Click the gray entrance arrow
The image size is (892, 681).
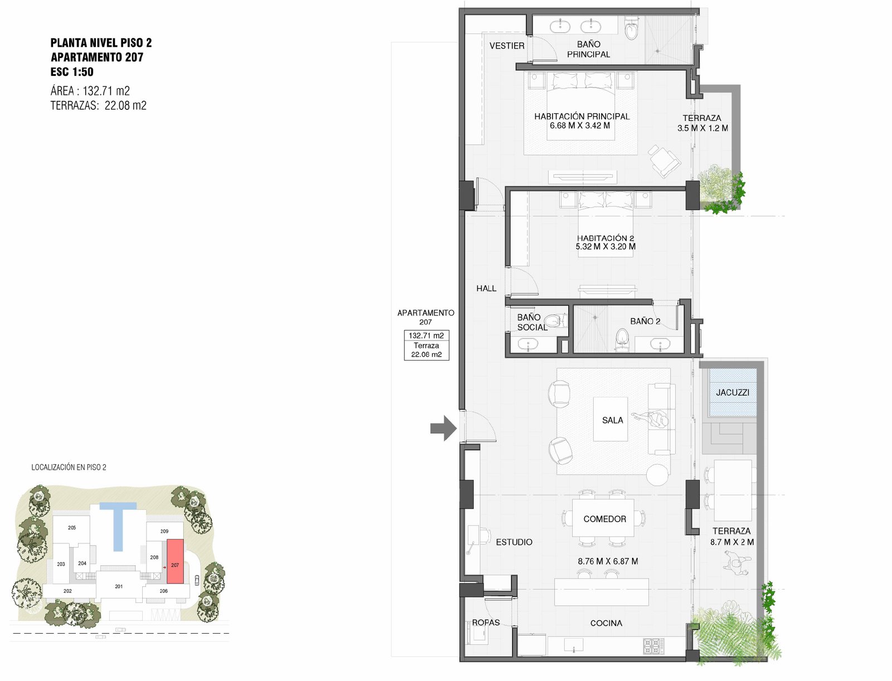(x=444, y=428)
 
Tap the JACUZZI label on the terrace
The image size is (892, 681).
(x=733, y=393)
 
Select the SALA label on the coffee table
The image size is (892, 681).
(x=612, y=420)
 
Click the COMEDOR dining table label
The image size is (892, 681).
(x=605, y=519)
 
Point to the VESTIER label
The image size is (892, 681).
(x=507, y=46)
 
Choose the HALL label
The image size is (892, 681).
(x=487, y=288)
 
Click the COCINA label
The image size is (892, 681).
(x=607, y=623)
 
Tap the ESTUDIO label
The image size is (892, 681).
(x=514, y=542)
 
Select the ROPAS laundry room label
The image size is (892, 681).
(x=486, y=622)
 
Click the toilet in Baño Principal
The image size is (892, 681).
(x=631, y=28)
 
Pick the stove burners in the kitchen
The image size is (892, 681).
(x=654, y=646)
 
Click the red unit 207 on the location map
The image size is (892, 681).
(x=175, y=562)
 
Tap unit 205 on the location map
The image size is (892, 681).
(x=72, y=528)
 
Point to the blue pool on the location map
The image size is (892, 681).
(x=118, y=522)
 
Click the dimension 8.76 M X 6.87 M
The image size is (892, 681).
(x=608, y=561)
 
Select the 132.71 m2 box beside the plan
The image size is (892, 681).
(x=426, y=335)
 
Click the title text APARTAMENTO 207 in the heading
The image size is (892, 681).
(x=96, y=57)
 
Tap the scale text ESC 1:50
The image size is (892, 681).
(x=72, y=72)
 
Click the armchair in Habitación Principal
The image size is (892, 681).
(x=663, y=161)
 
